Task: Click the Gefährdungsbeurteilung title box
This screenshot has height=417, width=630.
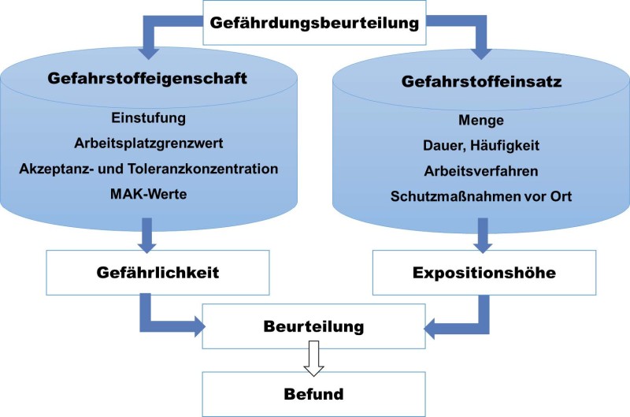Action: click(313, 22)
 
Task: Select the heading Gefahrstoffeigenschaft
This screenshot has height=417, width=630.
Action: click(149, 80)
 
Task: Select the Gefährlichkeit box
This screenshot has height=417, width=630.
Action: click(148, 273)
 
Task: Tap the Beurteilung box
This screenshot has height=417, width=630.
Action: click(314, 326)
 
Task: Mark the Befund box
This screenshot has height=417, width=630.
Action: click(314, 391)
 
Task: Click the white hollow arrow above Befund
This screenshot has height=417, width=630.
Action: click(314, 360)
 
